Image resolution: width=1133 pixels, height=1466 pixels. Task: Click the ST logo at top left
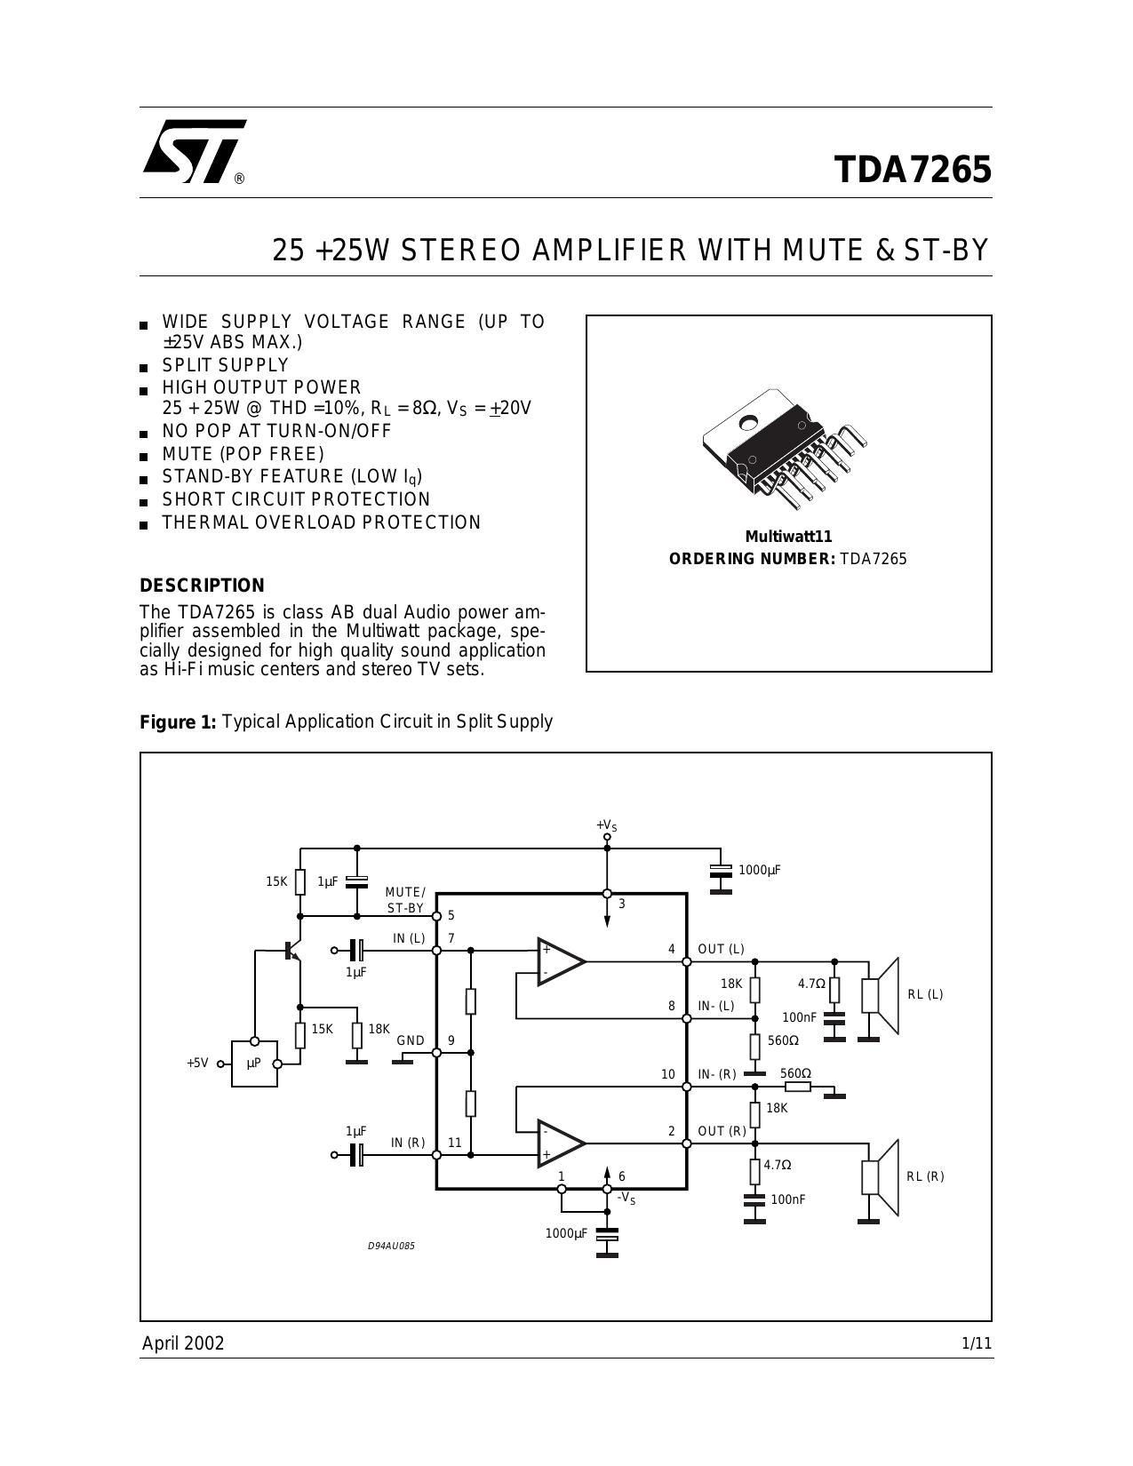[x=195, y=152]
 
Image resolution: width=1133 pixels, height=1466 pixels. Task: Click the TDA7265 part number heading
[x=913, y=170]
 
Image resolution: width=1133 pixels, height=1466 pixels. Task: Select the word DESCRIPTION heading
[x=202, y=585]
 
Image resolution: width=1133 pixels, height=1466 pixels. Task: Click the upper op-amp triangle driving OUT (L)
[x=561, y=961]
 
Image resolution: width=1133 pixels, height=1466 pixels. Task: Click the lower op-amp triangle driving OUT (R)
[x=561, y=1143]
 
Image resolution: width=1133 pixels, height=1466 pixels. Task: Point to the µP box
[x=254, y=1064]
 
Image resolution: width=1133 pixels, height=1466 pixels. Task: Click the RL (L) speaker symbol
[x=881, y=995]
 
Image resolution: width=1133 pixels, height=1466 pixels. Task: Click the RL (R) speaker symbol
[x=881, y=1177]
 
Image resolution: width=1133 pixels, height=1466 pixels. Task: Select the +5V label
[x=197, y=1064]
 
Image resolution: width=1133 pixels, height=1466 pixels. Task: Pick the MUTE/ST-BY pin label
[x=405, y=900]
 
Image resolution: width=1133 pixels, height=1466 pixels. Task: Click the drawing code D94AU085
[x=391, y=1246]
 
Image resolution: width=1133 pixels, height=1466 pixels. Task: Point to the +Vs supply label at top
[x=606, y=825]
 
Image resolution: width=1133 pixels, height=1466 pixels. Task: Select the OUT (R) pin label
[x=722, y=1131]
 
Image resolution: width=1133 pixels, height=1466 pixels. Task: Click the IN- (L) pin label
[x=716, y=1006]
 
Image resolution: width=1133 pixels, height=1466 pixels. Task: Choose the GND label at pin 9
[x=411, y=1040]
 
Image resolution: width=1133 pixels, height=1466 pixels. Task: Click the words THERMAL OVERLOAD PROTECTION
[x=321, y=522]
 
